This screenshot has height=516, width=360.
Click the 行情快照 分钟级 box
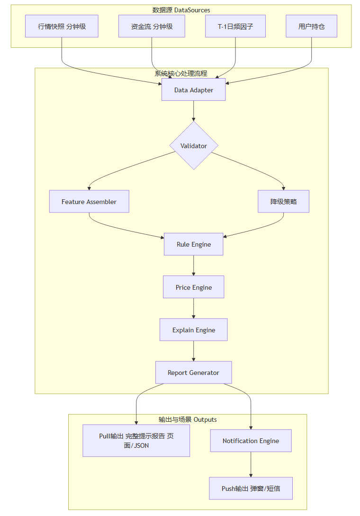pyautogui.click(x=62, y=26)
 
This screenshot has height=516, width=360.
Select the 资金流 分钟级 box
pyautogui.click(x=152, y=26)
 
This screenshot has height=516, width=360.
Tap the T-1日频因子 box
pyautogui.click(x=235, y=26)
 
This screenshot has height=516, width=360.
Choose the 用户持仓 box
pyautogui.click(x=312, y=26)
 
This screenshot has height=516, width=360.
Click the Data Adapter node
pyautogui.click(x=193, y=89)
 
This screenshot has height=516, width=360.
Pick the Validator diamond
pyautogui.click(x=194, y=145)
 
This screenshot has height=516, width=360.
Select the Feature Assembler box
pyautogui.click(x=89, y=201)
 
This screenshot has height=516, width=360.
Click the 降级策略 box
pyautogui.click(x=283, y=201)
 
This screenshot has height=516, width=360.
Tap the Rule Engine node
pyautogui.click(x=193, y=244)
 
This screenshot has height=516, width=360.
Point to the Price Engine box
pyautogui.click(x=193, y=287)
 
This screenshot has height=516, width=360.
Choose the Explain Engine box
pyautogui.click(x=193, y=329)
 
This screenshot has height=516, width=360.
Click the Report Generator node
pyautogui.click(x=193, y=373)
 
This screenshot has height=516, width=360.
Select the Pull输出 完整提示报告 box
pyautogui.click(x=136, y=440)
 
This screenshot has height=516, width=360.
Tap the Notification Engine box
pyautogui.click(x=251, y=441)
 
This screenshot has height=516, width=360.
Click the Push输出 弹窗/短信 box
pyautogui.click(x=251, y=488)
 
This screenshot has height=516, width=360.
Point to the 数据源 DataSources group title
pyautogui.click(x=181, y=10)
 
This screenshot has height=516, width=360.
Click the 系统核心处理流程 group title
pyautogui.click(x=181, y=73)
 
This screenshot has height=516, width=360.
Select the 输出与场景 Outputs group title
pyautogui.click(x=188, y=419)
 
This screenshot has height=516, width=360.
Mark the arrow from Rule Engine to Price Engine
pyautogui.click(x=193, y=266)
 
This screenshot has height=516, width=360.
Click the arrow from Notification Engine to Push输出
pyautogui.click(x=251, y=464)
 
